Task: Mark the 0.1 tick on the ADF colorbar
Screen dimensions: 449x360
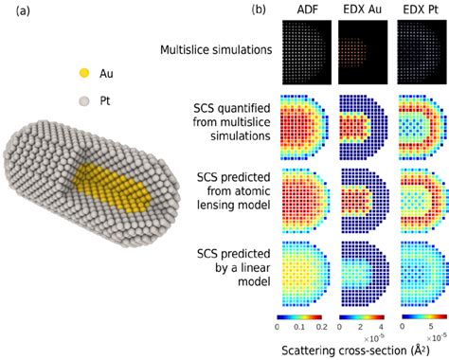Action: (x=303, y=327)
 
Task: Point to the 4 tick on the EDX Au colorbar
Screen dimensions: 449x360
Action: (x=379, y=327)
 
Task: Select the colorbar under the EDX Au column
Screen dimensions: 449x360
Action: (x=361, y=316)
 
